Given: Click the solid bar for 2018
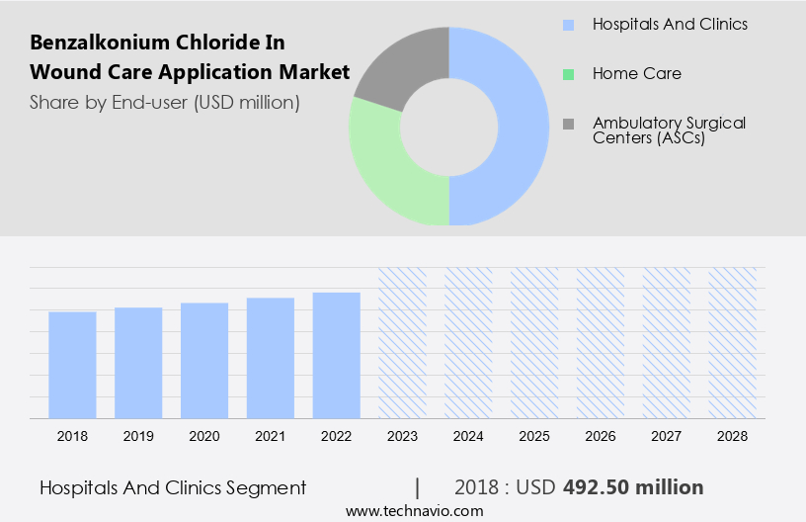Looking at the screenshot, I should (72, 365).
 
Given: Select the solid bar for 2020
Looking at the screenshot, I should (204, 361).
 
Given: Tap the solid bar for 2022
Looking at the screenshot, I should (337, 355).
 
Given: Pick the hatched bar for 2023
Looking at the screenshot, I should (403, 343).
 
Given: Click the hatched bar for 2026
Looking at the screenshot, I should (601, 343).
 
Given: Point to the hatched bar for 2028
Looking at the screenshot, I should (733, 343).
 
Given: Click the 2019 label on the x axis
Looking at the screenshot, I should (138, 436).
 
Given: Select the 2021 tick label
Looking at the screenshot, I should (271, 436).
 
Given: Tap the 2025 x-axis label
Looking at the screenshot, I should (534, 436).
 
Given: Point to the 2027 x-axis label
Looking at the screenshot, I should (667, 436).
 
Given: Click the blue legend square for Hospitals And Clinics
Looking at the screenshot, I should (568, 24).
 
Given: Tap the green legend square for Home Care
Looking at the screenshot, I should (568, 73).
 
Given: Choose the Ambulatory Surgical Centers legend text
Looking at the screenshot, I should (669, 130).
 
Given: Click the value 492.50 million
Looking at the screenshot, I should (633, 487).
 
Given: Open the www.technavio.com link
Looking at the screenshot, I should (414, 511).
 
